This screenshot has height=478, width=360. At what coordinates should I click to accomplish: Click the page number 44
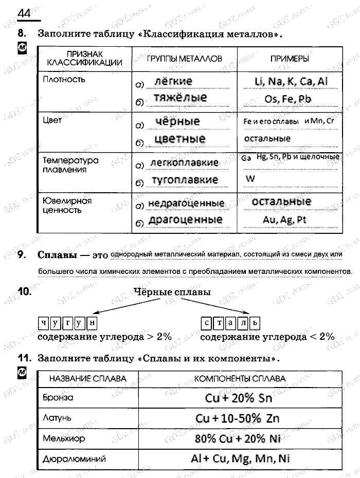coord(24,13)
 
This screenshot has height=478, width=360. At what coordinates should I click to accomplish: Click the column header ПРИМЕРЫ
coord(290,59)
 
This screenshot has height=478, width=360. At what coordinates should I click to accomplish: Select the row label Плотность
coord(64,80)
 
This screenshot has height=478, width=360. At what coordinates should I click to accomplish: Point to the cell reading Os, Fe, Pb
coord(288,99)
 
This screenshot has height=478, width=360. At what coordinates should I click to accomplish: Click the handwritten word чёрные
coord(177,122)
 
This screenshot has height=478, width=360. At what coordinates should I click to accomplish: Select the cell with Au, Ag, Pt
coord(284,219)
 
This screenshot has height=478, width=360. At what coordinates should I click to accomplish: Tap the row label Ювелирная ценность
coord(67,205)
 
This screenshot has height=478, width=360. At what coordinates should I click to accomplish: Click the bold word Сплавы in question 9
coord(57,255)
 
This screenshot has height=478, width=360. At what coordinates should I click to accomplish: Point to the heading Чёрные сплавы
coord(172,292)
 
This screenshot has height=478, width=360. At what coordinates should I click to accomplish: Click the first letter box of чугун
coord(43,323)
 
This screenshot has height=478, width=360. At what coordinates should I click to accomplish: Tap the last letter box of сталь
coord(255,323)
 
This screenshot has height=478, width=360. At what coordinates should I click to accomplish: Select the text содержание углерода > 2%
coord(104,337)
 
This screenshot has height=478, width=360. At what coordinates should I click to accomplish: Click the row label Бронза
coord(58,397)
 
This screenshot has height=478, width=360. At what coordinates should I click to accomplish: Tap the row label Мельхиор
coord(64,438)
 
